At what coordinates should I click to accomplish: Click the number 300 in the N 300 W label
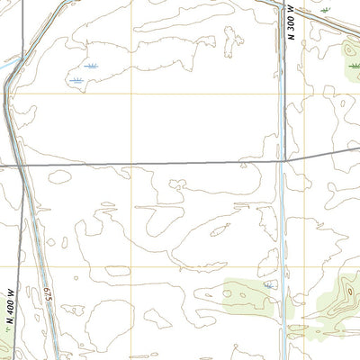[x=292, y=31]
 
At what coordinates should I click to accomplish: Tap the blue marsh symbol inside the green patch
[x=267, y=284]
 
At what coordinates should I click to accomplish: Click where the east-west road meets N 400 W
[x=17, y=166]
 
